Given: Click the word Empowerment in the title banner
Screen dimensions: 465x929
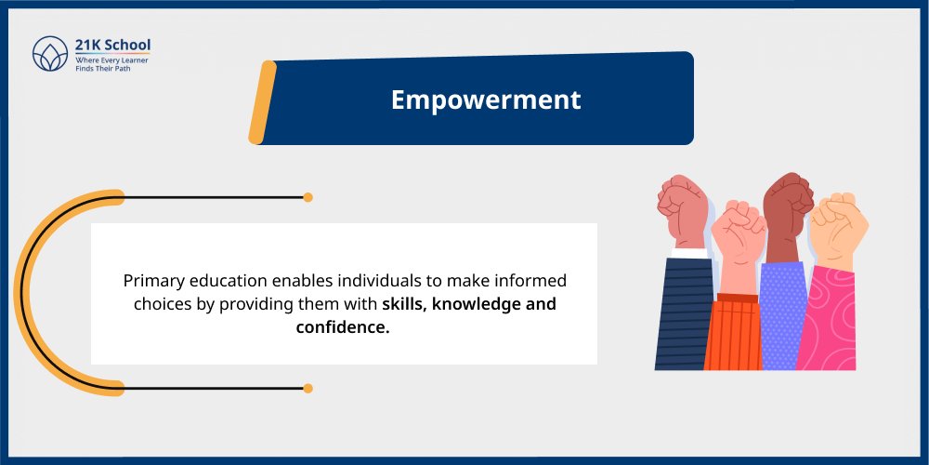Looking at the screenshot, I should [x=486, y=100].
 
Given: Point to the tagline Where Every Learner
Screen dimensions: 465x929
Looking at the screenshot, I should [x=111, y=60].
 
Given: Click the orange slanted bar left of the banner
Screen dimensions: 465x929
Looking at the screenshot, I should [x=263, y=102].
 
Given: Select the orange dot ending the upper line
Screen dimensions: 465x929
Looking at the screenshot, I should [x=307, y=197].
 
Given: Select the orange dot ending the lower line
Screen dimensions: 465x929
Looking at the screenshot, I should [x=307, y=388].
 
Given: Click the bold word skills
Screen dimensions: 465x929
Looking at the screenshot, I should [x=406, y=304].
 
